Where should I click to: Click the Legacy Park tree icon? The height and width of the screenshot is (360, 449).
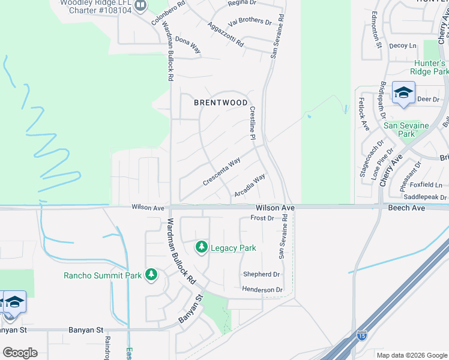(202, 247)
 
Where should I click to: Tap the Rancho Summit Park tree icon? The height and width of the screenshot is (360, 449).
(151, 275)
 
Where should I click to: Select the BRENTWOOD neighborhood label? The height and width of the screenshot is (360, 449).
(221, 103)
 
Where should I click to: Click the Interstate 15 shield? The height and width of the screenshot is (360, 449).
(361, 336)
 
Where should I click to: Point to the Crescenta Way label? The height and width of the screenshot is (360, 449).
(221, 171)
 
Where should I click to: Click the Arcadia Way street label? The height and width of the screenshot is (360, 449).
(250, 186)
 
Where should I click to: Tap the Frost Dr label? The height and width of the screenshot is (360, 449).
(262, 218)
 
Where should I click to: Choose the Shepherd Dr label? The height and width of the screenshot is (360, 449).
(261, 274)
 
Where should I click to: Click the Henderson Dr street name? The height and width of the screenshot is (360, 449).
(262, 290)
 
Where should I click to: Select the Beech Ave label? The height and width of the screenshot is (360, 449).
(407, 208)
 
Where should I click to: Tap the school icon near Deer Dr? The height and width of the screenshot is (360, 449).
(403, 93)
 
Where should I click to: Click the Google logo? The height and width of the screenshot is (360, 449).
(20, 353)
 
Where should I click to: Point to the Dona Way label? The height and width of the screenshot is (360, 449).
(187, 46)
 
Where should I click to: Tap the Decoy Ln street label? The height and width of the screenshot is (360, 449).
(402, 46)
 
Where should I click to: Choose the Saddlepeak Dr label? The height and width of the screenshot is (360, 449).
(426, 197)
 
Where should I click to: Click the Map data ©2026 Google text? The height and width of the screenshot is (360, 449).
(411, 355)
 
